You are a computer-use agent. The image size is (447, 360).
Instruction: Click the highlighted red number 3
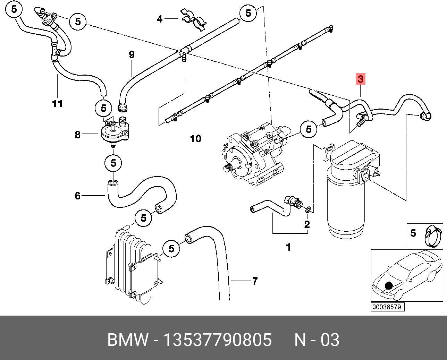(x=360, y=79)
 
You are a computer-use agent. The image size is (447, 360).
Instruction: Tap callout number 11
(x=58, y=103)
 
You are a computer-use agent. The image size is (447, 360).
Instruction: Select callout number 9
(x=132, y=54)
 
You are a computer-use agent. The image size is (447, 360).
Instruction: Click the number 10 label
(x=196, y=139)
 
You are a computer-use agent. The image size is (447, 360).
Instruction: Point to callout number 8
(x=77, y=134)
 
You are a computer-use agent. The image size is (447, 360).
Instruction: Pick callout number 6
(x=78, y=196)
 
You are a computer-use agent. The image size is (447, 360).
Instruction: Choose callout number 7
(x=255, y=281)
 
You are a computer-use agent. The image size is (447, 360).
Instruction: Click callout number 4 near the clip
(x=160, y=19)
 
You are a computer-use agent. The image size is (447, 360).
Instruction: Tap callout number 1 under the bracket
(x=288, y=247)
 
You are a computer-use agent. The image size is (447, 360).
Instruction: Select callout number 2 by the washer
(x=307, y=224)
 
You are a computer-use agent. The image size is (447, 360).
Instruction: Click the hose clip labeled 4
(x=193, y=20)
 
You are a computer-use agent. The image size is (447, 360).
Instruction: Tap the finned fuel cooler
(x=132, y=264)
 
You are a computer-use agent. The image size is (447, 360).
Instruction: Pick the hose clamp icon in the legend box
(x=432, y=235)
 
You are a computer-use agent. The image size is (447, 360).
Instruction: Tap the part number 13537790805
(x=217, y=340)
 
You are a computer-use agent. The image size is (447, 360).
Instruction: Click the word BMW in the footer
(x=127, y=340)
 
